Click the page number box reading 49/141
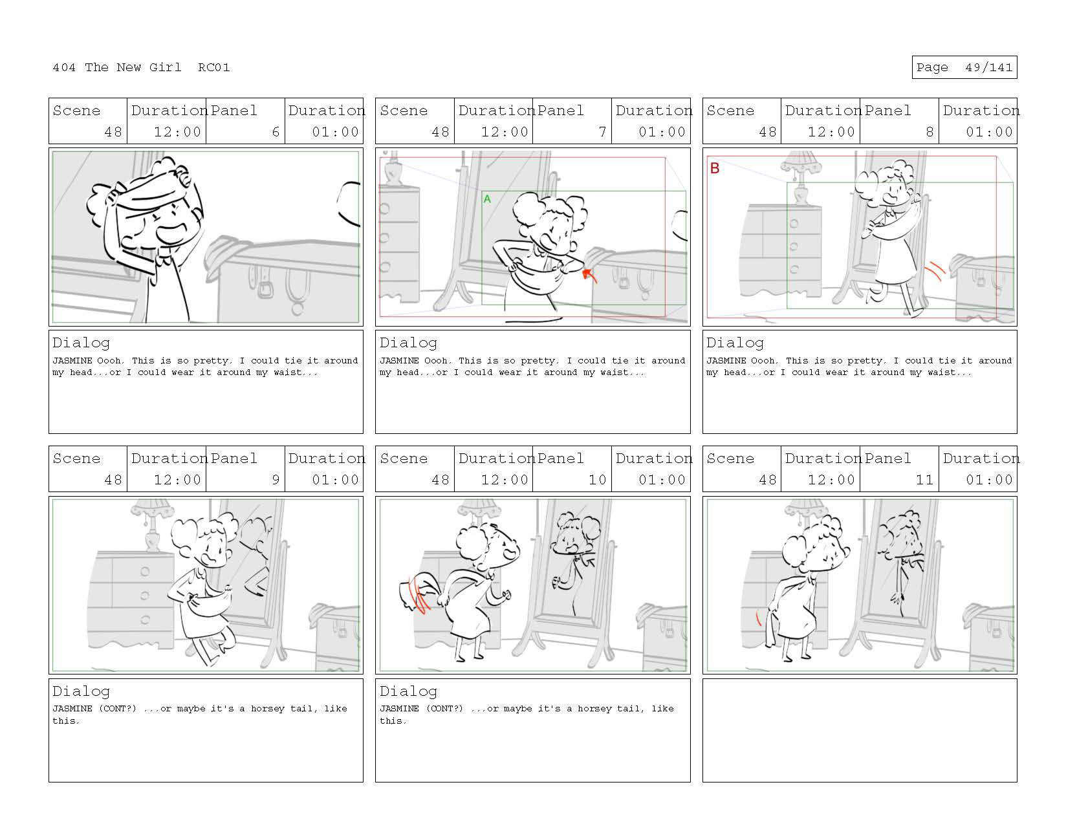tap(964, 67)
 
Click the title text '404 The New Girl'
tap(116, 67)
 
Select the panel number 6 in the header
tap(276, 132)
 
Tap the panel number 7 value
tap(602, 132)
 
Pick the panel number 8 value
tap(929, 132)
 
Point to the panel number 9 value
tap(276, 479)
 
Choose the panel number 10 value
tap(598, 479)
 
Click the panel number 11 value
tap(925, 479)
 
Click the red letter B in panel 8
tap(715, 168)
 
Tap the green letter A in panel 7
tap(486, 199)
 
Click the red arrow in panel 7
tap(589, 275)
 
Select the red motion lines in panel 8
tap(935, 270)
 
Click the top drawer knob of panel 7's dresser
tap(384, 209)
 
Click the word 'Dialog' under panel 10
tap(408, 691)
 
